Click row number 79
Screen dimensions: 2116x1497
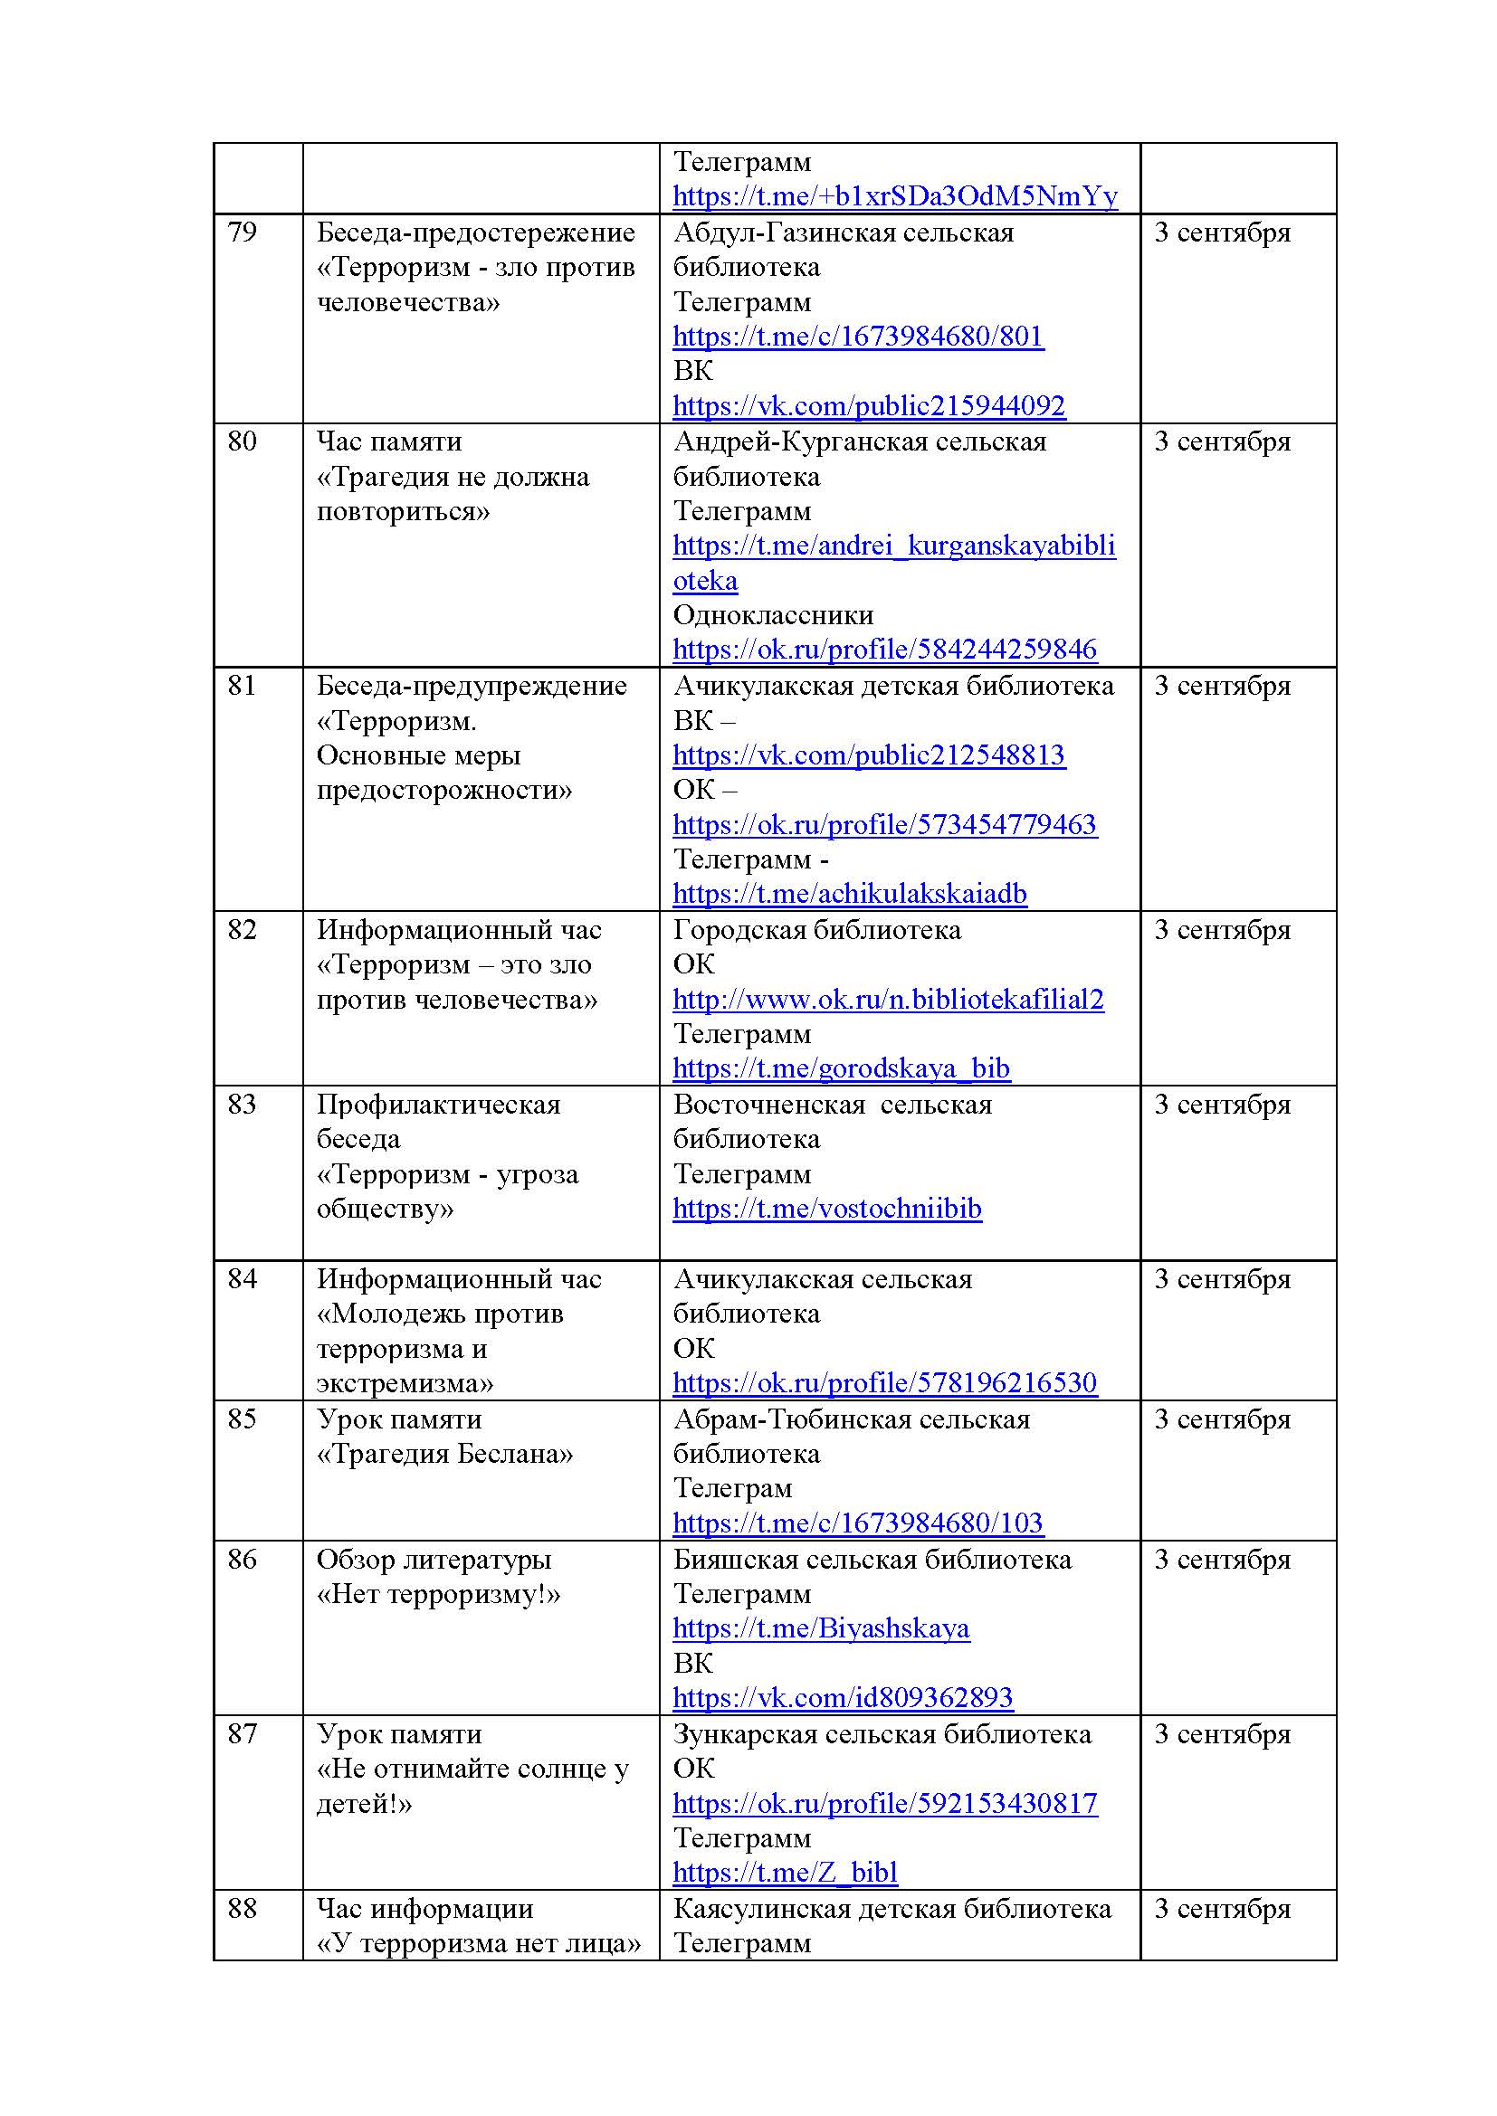tap(242, 232)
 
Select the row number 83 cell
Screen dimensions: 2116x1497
tap(242, 1104)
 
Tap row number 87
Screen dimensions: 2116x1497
tap(242, 1733)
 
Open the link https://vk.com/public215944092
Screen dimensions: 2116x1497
tap(868, 405)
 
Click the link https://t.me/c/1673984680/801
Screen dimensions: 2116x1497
tap(857, 337)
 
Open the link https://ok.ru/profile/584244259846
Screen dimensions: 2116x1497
tap(884, 649)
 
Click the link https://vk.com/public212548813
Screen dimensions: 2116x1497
tap(868, 754)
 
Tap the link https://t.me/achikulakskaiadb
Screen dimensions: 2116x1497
tap(849, 893)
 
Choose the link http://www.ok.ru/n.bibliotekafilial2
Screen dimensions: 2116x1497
tap(888, 999)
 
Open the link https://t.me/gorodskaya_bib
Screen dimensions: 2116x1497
tap(841, 1068)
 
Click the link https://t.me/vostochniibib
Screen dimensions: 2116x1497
tap(827, 1209)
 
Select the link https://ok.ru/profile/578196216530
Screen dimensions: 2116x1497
tap(884, 1382)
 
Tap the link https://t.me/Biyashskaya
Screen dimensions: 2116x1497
tap(820, 1628)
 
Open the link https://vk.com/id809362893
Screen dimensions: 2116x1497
tap(843, 1697)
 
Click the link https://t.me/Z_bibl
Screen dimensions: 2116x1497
tap(785, 1872)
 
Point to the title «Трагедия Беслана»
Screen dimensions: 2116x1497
tap(444, 1454)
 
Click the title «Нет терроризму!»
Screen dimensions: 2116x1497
tap(438, 1593)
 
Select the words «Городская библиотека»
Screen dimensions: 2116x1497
tap(816, 930)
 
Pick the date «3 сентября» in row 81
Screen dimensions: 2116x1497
tap(1221, 686)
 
